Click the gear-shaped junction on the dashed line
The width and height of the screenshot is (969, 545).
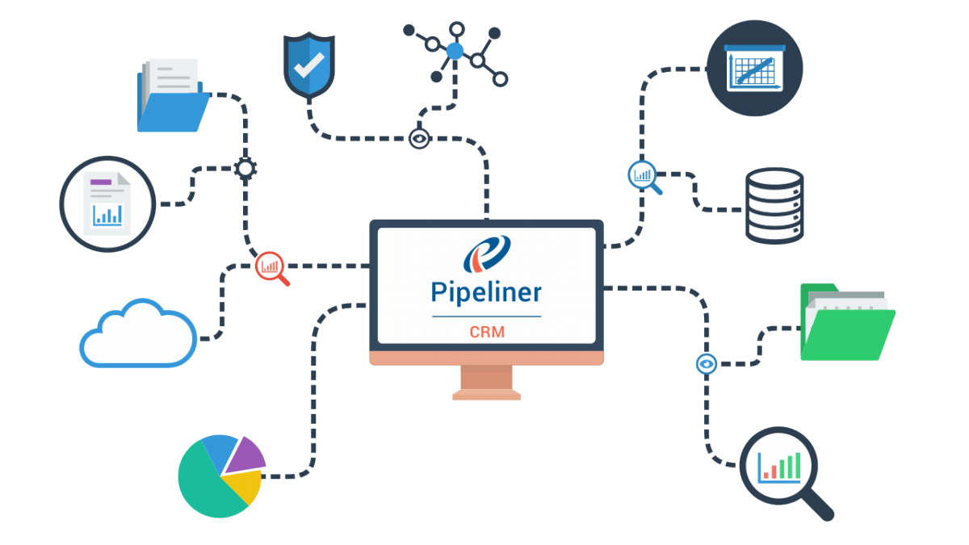click(x=245, y=169)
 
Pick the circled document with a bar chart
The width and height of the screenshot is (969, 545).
click(x=107, y=203)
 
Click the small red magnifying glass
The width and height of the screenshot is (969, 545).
click(x=271, y=267)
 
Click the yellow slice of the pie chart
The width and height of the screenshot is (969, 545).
click(x=243, y=486)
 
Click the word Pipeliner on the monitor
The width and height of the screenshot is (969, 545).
click(x=486, y=291)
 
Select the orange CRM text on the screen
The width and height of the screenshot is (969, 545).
click(x=486, y=332)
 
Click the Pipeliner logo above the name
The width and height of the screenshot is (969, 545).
click(x=486, y=254)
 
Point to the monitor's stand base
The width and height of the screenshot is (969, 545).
click(x=486, y=394)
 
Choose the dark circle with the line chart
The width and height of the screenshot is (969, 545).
click(x=754, y=65)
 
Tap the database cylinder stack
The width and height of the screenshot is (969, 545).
click(x=774, y=205)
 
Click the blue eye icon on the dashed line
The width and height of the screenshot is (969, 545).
click(x=707, y=364)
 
